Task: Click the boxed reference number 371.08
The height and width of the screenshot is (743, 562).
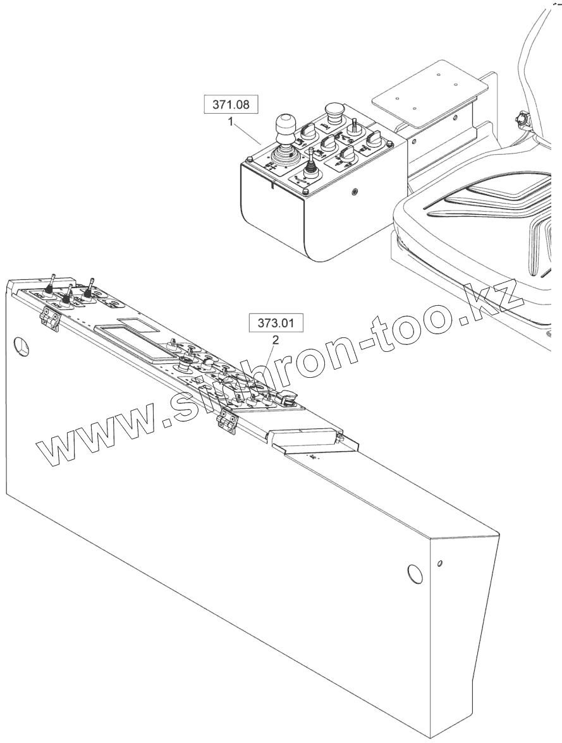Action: [230, 105]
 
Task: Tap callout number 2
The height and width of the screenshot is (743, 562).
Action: [275, 339]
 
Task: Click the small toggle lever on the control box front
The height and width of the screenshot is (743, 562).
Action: [311, 162]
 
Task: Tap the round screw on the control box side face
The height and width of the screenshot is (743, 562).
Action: [355, 191]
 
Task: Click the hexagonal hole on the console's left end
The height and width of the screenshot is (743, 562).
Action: [23, 346]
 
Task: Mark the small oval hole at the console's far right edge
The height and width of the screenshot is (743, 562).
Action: [440, 562]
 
